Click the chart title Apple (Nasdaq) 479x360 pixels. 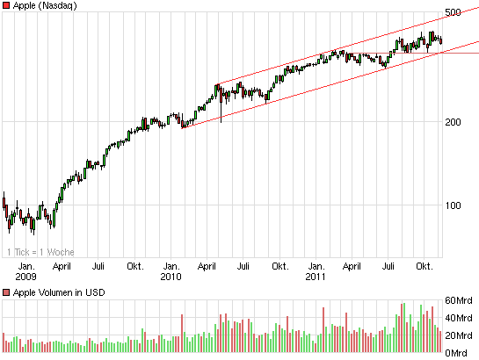tap(44, 5)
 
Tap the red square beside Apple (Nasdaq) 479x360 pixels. tap(6, 5)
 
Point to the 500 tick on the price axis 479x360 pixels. tap(454, 12)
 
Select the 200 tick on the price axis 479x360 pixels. tap(454, 122)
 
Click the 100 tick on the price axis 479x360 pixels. tap(454, 205)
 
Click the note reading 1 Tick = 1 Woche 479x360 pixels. tap(35, 252)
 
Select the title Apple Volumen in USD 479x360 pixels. tap(55, 292)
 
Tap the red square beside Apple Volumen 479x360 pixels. tap(6, 292)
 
